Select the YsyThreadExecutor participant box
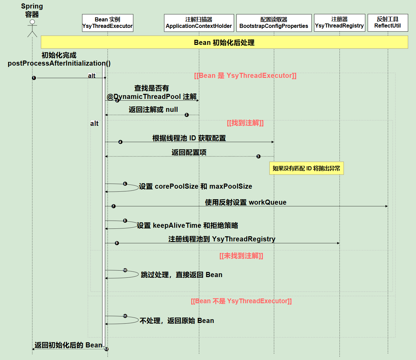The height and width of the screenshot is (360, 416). click(107, 23)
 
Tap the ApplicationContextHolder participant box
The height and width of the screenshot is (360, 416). click(199, 23)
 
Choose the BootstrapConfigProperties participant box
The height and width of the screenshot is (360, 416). click(274, 23)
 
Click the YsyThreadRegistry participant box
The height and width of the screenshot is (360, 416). click(339, 23)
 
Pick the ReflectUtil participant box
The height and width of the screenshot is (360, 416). click(388, 23)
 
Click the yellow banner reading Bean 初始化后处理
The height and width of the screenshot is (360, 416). click(224, 42)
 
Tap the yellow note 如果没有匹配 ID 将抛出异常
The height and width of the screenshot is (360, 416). click(306, 168)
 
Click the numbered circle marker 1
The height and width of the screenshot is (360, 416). click(34, 78)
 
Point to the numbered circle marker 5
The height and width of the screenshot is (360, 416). click(259, 156)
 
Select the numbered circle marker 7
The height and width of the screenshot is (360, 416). click(114, 206)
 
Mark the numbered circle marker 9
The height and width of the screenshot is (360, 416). click(117, 243)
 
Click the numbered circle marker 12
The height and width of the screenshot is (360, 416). click(106, 349)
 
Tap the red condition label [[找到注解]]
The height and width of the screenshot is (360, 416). click(245, 123)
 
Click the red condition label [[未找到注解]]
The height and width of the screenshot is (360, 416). click(241, 256)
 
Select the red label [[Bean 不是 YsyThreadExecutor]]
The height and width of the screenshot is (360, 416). click(241, 301)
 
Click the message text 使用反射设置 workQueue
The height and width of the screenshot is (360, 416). click(246, 202)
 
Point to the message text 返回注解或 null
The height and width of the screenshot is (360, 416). click(153, 109)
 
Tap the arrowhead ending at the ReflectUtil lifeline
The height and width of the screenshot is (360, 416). click(386, 206)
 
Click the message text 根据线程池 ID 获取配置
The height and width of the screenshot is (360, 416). click(189, 138)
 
